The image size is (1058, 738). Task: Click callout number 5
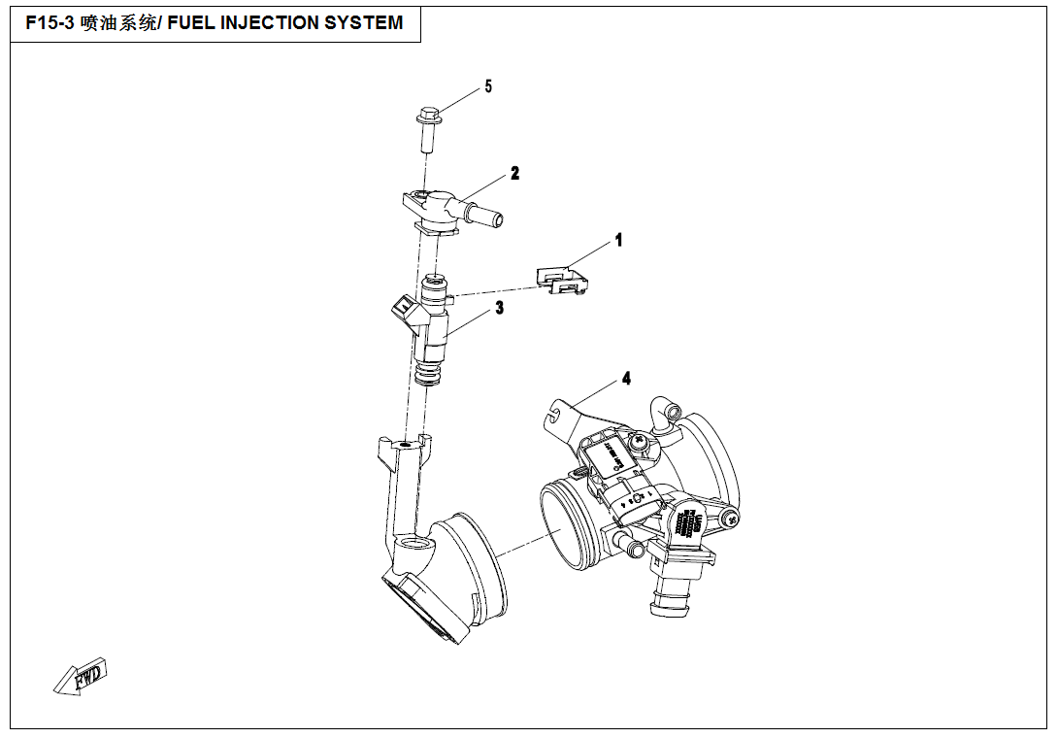(x=488, y=86)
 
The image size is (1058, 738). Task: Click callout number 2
(x=515, y=174)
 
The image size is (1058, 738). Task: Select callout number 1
(x=618, y=240)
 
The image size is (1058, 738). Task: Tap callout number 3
(x=499, y=309)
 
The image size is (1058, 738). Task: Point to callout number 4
(x=626, y=378)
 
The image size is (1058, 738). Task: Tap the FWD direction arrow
(x=81, y=677)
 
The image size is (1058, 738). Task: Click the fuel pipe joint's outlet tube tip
(x=496, y=218)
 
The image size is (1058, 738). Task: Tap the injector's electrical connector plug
(x=401, y=309)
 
